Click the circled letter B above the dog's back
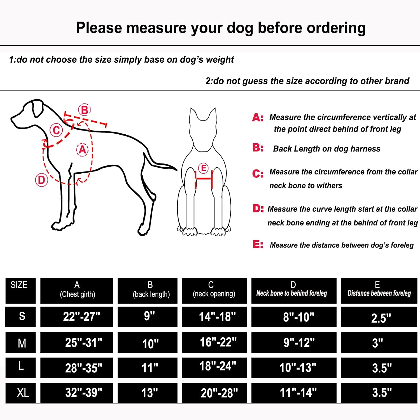point(84,110)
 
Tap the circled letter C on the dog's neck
point(56,130)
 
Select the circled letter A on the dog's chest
point(82,150)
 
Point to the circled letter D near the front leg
point(41,180)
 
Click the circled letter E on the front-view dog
point(204,168)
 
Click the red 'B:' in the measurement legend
point(258,148)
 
